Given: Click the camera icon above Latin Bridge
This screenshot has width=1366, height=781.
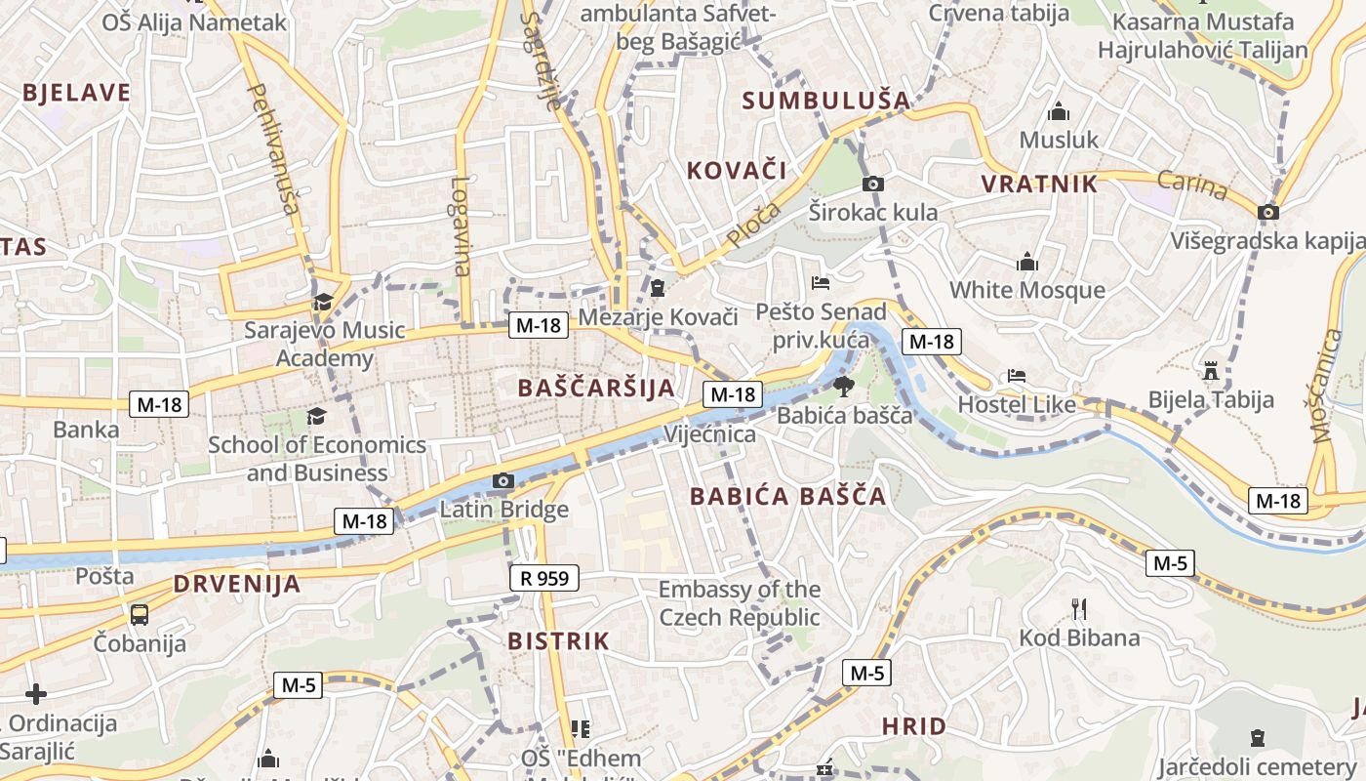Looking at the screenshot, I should pyautogui.click(x=503, y=480).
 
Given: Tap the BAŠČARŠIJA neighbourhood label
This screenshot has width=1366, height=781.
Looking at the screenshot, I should pyautogui.click(x=596, y=388).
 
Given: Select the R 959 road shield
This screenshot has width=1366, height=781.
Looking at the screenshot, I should pyautogui.click(x=544, y=578).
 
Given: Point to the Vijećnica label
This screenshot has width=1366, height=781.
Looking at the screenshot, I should pyautogui.click(x=709, y=434).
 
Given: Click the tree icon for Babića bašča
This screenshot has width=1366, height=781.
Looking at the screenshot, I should pyautogui.click(x=843, y=386).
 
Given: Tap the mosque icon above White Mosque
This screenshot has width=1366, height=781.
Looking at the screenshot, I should pyautogui.click(x=1026, y=262).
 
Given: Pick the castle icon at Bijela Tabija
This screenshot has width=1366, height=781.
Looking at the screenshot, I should pyautogui.click(x=1211, y=370).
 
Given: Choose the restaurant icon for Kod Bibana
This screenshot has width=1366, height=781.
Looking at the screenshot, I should pyautogui.click(x=1079, y=609).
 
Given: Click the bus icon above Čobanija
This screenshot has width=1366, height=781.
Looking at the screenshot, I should pyautogui.click(x=140, y=614).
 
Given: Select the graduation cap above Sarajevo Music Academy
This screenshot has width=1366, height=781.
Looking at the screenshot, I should pyautogui.click(x=323, y=301).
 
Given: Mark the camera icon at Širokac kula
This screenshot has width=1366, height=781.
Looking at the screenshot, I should pyautogui.click(x=873, y=184).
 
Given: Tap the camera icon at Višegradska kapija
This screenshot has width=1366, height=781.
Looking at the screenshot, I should pyautogui.click(x=1268, y=212).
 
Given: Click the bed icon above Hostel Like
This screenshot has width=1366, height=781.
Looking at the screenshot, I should pyautogui.click(x=1017, y=376).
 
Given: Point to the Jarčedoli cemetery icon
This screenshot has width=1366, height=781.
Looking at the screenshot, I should pyautogui.click(x=1258, y=738).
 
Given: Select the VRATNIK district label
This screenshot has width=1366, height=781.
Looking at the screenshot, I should pyautogui.click(x=1039, y=184).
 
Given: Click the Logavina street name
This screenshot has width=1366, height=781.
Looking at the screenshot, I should pyautogui.click(x=462, y=225).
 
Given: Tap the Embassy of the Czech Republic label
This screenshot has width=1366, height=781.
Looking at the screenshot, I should pyautogui.click(x=740, y=603).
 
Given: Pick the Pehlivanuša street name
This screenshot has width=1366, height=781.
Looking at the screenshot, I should pyautogui.click(x=273, y=146).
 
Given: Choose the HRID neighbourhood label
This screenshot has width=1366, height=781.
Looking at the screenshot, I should pyautogui.click(x=913, y=726).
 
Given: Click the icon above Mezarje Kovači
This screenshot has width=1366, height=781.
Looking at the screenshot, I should pyautogui.click(x=658, y=288).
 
